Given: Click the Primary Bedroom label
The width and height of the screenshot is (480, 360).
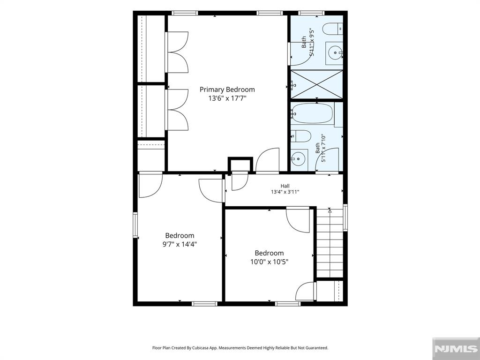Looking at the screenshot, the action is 227,90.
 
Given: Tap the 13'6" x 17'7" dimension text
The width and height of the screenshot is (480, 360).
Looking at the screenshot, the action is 227,98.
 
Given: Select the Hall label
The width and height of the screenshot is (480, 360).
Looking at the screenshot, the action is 285,186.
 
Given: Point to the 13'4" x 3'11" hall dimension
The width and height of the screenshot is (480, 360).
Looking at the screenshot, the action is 285,192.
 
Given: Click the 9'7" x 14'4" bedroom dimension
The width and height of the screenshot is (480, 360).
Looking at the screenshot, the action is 180,244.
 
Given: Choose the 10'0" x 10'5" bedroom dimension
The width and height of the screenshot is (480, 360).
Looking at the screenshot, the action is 269,262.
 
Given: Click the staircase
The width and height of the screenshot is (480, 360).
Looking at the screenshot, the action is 330,243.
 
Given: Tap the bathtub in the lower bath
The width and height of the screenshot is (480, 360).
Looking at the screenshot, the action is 312,113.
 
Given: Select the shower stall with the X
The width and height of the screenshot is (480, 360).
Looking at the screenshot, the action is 316,84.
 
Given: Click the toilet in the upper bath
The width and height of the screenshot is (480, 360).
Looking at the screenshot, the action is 333,29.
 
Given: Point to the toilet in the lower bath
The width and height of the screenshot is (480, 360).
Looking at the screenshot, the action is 300,136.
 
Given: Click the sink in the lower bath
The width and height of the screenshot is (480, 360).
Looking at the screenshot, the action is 299,158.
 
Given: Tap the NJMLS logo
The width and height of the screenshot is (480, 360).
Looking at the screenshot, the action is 456,348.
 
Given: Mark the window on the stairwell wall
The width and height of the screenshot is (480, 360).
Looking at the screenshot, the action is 345,217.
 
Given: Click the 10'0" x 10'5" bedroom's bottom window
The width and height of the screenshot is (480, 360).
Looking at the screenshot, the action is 288,304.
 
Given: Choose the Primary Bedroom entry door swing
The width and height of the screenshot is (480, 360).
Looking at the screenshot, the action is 267,160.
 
